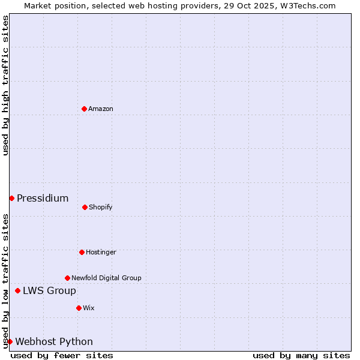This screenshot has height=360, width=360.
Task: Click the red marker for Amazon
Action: [x=84, y=109]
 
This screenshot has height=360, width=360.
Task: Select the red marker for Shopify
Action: [x=85, y=207]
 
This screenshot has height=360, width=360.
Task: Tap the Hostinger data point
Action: [x=82, y=252]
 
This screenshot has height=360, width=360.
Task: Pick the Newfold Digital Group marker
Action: [x=67, y=278]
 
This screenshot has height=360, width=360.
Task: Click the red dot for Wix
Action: [x=79, y=308]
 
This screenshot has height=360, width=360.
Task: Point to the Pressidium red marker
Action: [x=11, y=198]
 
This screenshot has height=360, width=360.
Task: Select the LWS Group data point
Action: [x=17, y=290]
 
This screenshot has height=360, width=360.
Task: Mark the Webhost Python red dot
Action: [x=10, y=341]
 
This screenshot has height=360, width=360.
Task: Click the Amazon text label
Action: [x=101, y=109]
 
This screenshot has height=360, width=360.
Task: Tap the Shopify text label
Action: [x=101, y=207]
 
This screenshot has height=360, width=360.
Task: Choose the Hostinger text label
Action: [x=101, y=252]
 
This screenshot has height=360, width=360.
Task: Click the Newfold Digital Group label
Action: [x=106, y=278]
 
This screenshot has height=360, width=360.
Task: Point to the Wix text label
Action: [x=89, y=308]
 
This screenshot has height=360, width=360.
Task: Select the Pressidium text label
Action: [x=43, y=198]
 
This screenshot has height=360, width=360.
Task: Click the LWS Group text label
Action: [x=49, y=290]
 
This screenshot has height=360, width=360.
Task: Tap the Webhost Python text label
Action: [x=54, y=341]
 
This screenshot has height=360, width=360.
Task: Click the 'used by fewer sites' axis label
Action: [x=62, y=355]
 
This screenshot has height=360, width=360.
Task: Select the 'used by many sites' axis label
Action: [x=301, y=355]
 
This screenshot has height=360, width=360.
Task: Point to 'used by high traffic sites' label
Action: [x=5, y=85]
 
